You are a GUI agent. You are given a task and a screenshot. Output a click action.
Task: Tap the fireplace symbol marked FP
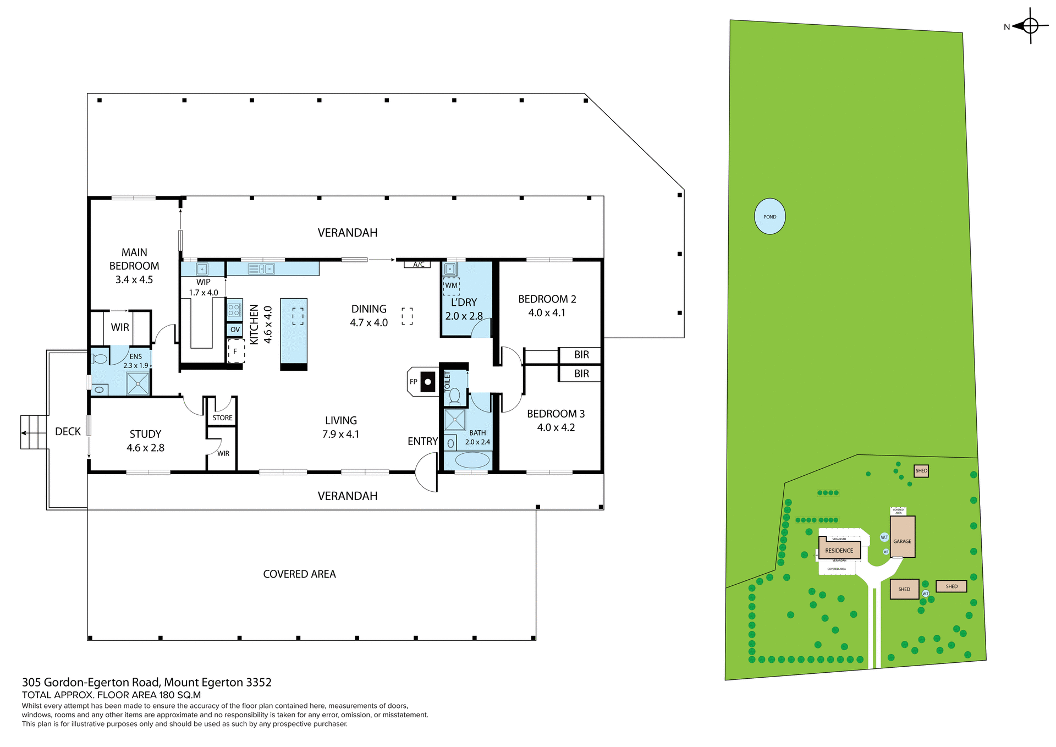pyautogui.click(x=427, y=382)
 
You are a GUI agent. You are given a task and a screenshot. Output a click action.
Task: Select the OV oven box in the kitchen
pyautogui.click(x=235, y=330)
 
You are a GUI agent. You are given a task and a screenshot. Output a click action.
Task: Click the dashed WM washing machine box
pyautogui.click(x=451, y=285)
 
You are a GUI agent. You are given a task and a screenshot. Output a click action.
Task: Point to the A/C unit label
pyautogui.click(x=418, y=265)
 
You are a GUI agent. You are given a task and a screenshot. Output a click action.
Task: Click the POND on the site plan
pyautogui.click(x=769, y=217)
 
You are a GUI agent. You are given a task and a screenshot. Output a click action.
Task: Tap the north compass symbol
pyautogui.click(x=1030, y=26)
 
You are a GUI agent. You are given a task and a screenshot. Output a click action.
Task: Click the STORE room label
pyautogui.click(x=222, y=418)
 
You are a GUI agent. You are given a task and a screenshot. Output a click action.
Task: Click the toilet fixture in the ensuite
pyautogui.click(x=100, y=359)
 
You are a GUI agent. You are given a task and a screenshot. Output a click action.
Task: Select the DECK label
pyautogui.click(x=68, y=432)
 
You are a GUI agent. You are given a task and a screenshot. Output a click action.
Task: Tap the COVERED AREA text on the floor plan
pyautogui.click(x=299, y=574)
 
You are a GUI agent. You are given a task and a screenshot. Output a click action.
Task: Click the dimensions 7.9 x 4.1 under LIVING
pyautogui.click(x=340, y=435)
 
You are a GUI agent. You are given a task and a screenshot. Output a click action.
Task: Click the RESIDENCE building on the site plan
pyautogui.click(x=839, y=550)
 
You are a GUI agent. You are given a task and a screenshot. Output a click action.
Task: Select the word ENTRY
pyautogui.click(x=422, y=442)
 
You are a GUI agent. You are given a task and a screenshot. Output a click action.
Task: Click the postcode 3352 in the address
pyautogui.click(x=258, y=683)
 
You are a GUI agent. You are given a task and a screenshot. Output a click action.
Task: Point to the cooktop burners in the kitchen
pyautogui.click(x=234, y=310)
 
